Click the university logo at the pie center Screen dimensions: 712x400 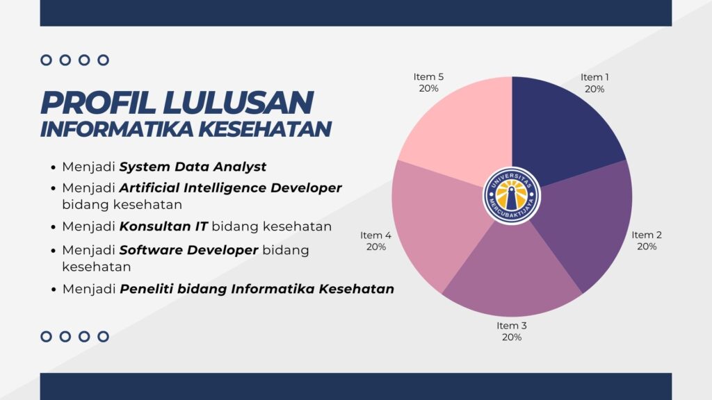pyautogui.click(x=512, y=195)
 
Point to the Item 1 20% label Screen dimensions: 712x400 pyautogui.click(x=594, y=83)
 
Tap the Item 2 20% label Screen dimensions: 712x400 pyautogui.click(x=647, y=240)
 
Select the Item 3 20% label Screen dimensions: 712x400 pyautogui.click(x=512, y=331)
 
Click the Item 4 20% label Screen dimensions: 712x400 pyautogui.click(x=375, y=241)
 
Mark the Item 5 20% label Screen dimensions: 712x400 pyautogui.click(x=428, y=83)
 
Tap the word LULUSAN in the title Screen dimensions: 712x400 pyautogui.click(x=238, y=103)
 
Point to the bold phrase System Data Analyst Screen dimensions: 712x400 pyautogui.click(x=193, y=167)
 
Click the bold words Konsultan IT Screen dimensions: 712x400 pyautogui.click(x=163, y=226)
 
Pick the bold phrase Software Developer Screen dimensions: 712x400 pyautogui.click(x=188, y=250)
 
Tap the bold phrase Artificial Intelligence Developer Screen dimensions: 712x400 pyautogui.click(x=230, y=187)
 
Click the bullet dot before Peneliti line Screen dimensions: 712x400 pyautogui.click(x=54, y=290)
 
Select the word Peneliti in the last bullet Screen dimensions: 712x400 pyautogui.click(x=146, y=289)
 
